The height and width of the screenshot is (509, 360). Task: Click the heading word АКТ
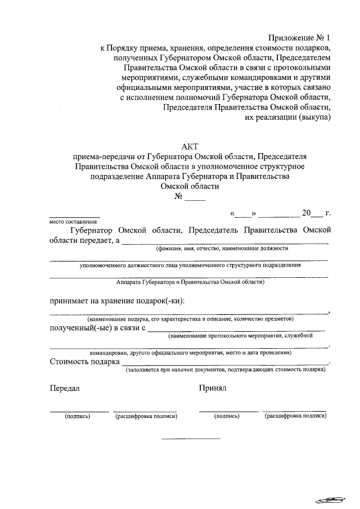tap(191, 146)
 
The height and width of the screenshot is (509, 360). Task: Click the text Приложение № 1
tap(298, 38)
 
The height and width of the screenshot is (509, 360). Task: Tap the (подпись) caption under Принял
tap(227, 416)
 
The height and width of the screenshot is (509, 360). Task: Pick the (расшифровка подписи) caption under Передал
tap(146, 416)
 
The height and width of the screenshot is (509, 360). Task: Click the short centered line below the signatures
tap(191, 438)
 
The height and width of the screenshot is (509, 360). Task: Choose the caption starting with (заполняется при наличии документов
tap(225, 370)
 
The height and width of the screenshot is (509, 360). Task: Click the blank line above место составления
tap(75, 217)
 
